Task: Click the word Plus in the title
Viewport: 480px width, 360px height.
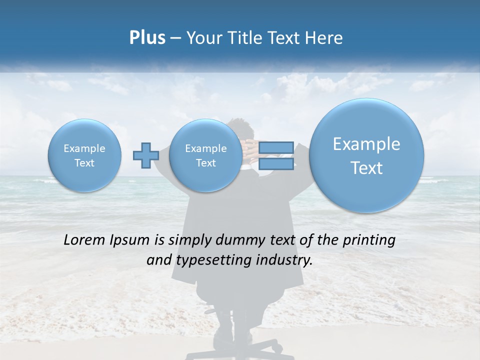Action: click(x=147, y=38)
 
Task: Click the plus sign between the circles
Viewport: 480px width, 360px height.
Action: click(x=145, y=155)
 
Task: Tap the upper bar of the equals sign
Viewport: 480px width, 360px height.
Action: click(x=276, y=147)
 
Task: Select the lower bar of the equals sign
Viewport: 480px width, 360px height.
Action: click(x=276, y=163)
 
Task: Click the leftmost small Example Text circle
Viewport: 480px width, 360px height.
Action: click(x=84, y=155)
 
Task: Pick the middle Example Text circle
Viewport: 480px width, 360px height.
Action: click(x=205, y=155)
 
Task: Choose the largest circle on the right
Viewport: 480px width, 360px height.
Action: click(x=366, y=155)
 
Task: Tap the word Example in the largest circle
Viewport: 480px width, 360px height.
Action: click(x=366, y=144)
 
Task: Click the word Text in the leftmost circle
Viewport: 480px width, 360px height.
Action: click(x=84, y=163)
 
